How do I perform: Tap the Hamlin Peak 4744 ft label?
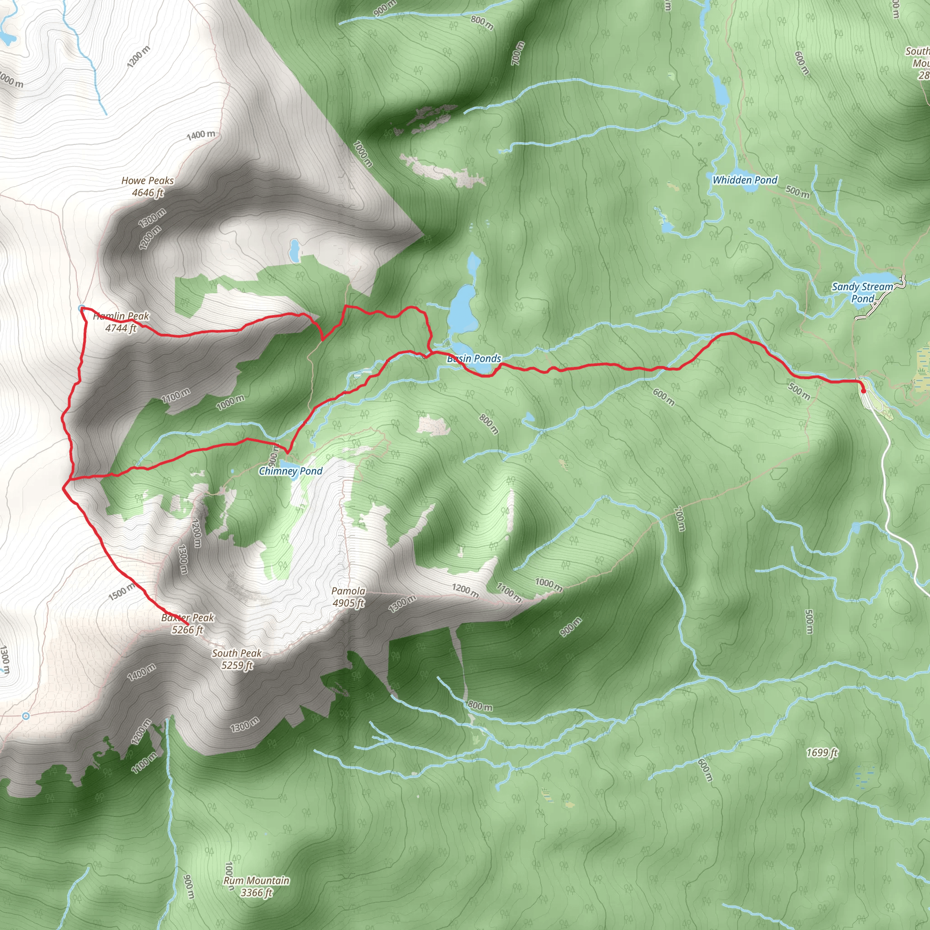click(x=121, y=322)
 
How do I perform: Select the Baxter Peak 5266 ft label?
click(x=188, y=623)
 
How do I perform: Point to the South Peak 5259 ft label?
click(x=237, y=659)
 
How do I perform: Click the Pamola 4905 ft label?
click(x=348, y=596)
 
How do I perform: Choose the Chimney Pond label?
click(x=291, y=471)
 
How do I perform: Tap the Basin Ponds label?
click(x=474, y=358)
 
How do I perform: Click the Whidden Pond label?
click(x=745, y=180)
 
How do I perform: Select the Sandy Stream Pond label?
click(x=863, y=292)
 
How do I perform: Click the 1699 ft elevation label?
click(x=822, y=752)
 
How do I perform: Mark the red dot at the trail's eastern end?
click(x=863, y=391)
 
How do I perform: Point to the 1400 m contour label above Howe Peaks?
click(x=201, y=135)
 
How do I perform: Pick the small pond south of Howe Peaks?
click(x=294, y=250)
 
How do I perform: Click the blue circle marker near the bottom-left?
click(x=26, y=716)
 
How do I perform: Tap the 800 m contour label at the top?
click(x=482, y=22)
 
